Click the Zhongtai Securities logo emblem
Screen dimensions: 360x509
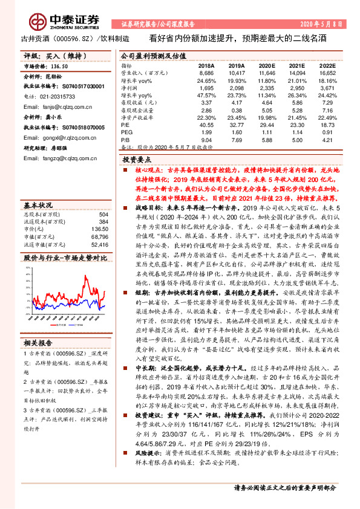tap(41, 21)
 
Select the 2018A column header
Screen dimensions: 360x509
tap(206, 65)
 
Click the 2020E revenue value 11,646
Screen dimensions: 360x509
tap(267, 72)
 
